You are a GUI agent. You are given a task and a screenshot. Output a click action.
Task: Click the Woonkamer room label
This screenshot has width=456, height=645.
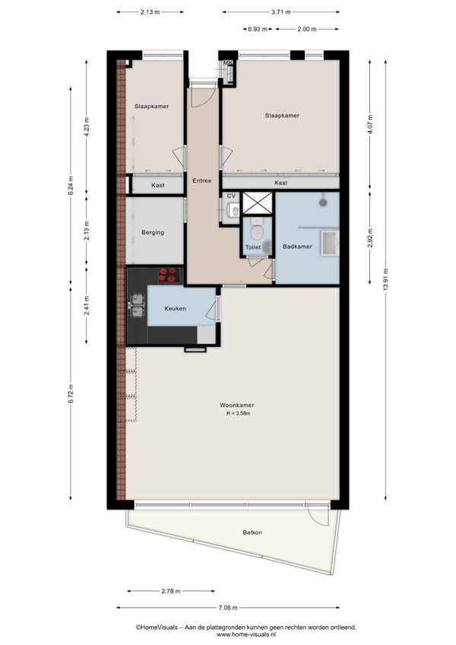point(236,405)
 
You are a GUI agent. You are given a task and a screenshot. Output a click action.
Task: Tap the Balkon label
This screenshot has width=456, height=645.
point(252,532)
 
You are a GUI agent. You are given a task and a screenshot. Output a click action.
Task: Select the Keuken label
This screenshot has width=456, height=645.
point(175,309)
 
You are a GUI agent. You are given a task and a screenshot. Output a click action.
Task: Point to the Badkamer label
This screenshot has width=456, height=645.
point(297,246)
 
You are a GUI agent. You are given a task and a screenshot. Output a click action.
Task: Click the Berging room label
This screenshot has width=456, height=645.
point(153,233)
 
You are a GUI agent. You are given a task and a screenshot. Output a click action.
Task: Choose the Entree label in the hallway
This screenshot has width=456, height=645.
point(202,180)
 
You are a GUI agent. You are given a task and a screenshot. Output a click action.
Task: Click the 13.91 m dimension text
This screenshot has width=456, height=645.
point(385,279)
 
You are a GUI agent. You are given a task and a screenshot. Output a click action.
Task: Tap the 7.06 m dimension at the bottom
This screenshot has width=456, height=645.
point(227,608)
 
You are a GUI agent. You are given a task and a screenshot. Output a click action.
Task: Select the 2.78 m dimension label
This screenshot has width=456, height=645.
point(171,592)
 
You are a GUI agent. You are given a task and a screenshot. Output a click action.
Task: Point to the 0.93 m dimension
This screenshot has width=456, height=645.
point(258,29)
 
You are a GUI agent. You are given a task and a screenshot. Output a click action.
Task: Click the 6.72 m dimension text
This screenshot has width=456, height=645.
point(71,394)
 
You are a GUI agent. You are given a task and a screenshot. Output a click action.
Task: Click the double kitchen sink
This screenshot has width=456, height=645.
point(137,305)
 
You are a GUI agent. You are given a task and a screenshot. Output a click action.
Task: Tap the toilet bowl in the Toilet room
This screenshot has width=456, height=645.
point(257,230)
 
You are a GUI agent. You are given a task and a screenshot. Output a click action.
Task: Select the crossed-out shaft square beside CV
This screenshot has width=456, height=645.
point(258,203)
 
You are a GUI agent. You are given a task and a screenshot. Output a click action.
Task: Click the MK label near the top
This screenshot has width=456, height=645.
point(228,63)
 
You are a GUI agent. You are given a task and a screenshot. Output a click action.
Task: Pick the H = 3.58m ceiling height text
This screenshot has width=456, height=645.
point(238,414)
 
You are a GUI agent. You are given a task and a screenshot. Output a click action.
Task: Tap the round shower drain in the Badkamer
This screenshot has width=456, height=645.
point(324,202)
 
